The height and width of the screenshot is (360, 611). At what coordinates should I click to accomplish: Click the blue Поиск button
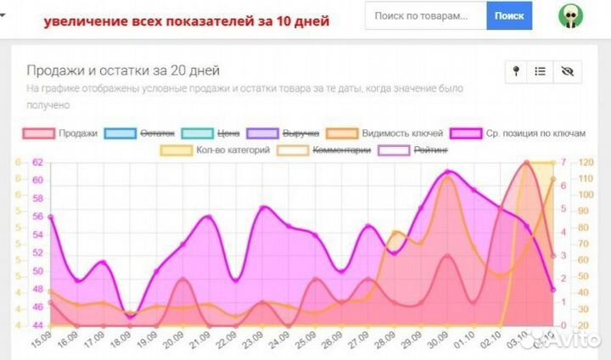pos(509,15)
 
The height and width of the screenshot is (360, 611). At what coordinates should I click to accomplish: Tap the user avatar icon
pos(570,16)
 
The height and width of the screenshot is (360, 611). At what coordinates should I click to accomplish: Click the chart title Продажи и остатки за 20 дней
pos(124,70)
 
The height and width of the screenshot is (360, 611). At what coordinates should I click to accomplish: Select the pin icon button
pos(516,72)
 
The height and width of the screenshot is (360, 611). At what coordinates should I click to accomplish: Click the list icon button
pos(541,72)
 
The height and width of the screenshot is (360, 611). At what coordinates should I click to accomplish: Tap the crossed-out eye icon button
pos(567,72)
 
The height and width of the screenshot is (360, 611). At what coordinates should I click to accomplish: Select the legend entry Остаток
pos(139,133)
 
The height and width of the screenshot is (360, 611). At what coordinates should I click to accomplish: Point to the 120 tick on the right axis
pos(585,162)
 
